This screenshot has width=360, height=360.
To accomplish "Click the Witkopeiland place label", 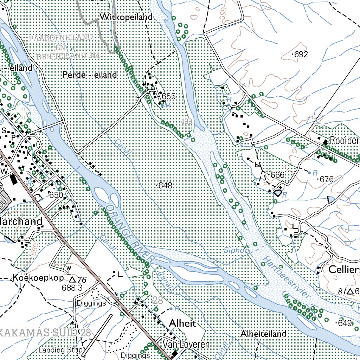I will pyautogui.click(x=126, y=17).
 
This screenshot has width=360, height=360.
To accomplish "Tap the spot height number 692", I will pyautogui.click(x=301, y=54).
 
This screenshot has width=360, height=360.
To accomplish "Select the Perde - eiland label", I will pyautogui.click(x=90, y=75).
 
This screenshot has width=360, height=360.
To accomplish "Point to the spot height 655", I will pyautogui.click(x=168, y=97).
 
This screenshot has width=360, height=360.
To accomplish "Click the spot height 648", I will pyautogui.click(x=165, y=185).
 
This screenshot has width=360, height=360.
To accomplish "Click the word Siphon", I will pyautogui.click(x=237, y=251).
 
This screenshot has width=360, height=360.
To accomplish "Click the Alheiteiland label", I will pyautogui.click(x=264, y=334).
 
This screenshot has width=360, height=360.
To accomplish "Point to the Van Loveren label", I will pyautogui.click(x=186, y=345).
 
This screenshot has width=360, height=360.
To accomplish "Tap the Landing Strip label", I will pyautogui.click(x=61, y=350).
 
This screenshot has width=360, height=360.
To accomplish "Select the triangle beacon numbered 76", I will pyautogui.click(x=72, y=279).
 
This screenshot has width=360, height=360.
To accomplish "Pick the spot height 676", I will pyautogui.click(x=326, y=179).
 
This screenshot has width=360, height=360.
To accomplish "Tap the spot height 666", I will pyautogui.click(x=277, y=175).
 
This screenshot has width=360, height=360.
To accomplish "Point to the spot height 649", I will pyautogui.click(x=346, y=323).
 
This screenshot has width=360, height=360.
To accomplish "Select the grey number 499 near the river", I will pyautogui.click(x=187, y=121).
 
